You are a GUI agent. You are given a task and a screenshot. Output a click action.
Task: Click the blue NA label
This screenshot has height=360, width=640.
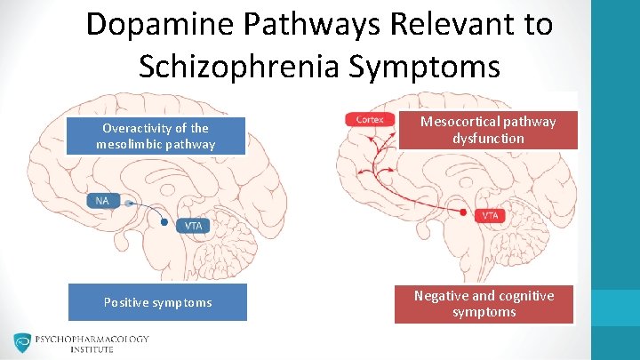coord(103,201)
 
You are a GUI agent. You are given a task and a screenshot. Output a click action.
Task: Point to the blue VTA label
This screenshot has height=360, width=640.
coord(194,225)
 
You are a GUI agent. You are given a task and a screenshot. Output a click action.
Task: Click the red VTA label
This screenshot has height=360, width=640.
coord(490,215)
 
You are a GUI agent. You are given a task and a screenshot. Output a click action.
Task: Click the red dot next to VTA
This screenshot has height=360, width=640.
coord(464,214)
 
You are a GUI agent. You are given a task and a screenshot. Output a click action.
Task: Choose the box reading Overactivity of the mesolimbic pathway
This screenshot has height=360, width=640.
coord(156,136)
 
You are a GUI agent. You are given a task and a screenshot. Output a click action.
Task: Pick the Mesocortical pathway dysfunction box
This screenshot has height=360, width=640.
coord(485,130)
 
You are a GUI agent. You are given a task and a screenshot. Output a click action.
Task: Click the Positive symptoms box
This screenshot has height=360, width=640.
coord(157,302)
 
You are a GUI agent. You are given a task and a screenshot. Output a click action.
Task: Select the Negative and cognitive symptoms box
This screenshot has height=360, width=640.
coord(484,303)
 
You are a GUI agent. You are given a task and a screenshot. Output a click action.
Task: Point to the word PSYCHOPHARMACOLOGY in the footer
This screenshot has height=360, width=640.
coord(92,339)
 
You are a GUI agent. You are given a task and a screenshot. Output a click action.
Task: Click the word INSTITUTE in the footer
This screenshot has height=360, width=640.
coord(92,349)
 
